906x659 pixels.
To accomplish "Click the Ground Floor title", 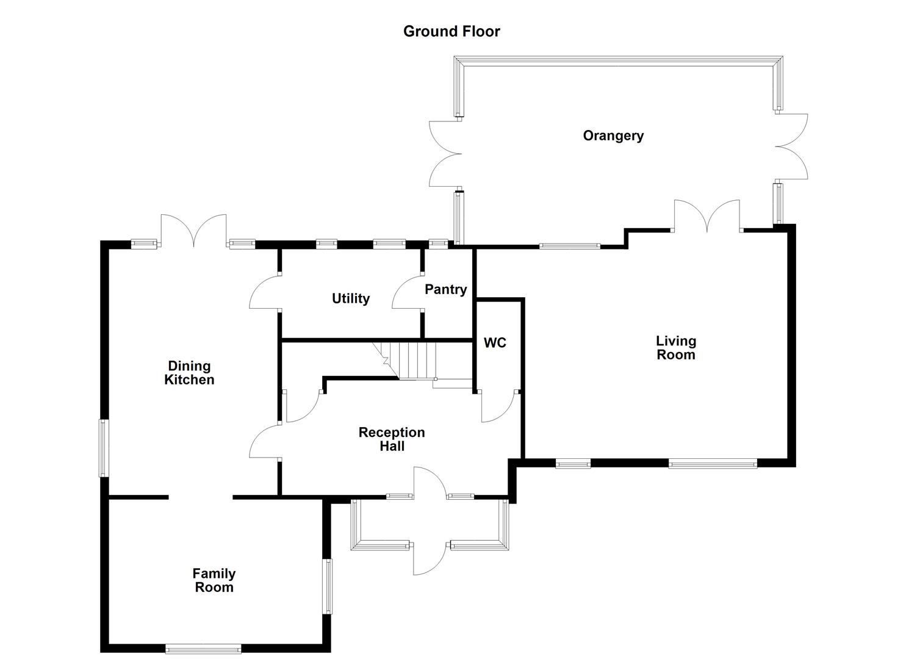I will coord(451,31).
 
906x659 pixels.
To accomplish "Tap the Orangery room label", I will coord(613,135).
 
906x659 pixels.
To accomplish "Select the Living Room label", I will coord(675,348).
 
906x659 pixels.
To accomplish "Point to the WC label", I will coord(495,343).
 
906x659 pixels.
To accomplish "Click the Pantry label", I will coord(445,289).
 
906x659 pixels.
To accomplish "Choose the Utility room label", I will coord(350,298).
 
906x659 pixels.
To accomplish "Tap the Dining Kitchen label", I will coord(189,373).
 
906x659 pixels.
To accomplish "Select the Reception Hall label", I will coord(391,439).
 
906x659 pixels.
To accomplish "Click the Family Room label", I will coord(214,580).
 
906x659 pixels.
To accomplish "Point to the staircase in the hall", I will coord(415,360).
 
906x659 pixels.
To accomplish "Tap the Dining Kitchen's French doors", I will coord(193,231).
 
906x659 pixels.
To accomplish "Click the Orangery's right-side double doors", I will coord(792,146).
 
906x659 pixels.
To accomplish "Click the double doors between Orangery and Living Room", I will coord(706,217).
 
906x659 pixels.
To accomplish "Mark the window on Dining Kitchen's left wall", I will coord(104,448).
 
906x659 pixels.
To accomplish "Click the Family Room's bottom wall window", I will coord(203,649).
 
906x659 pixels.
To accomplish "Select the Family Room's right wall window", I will coord(328,586).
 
